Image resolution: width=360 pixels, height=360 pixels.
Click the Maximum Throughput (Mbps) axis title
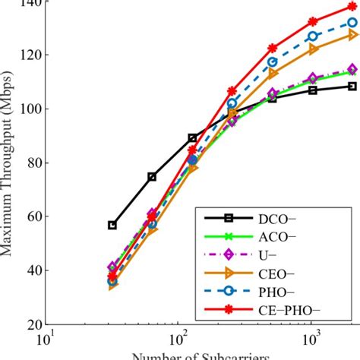tap(8, 163)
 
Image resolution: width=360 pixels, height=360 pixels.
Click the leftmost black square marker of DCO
tap(112, 225)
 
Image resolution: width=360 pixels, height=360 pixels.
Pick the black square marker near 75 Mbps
tap(152, 176)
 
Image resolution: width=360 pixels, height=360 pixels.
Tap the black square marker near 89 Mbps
tap(192, 138)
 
